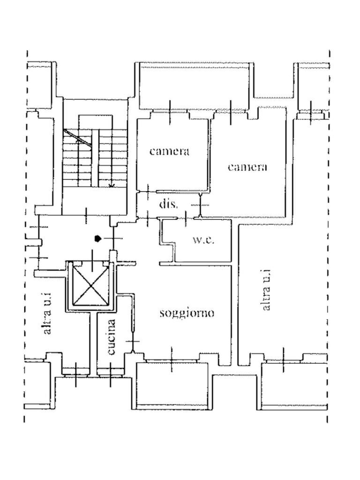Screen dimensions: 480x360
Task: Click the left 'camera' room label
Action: pyautogui.click(x=169, y=151)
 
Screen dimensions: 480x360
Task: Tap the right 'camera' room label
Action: pyautogui.click(x=247, y=167)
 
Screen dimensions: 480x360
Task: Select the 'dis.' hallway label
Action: pyautogui.click(x=168, y=204)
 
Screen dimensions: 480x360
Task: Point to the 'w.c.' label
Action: pyautogui.click(x=203, y=240)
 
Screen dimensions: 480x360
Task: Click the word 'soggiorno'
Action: pyautogui.click(x=187, y=313)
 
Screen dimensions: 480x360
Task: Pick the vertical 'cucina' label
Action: pyautogui.click(x=112, y=337)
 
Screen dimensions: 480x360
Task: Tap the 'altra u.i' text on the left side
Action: pyautogui.click(x=47, y=319)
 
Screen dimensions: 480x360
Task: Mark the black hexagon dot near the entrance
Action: pyautogui.click(x=97, y=239)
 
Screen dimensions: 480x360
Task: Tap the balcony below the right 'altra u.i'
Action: pyautogui.click(x=293, y=385)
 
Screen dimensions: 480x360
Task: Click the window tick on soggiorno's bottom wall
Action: pyautogui.click(x=172, y=360)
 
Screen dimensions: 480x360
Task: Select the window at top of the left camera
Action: pyautogui.click(x=169, y=112)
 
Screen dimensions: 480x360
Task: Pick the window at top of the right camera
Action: pyautogui.click(x=231, y=112)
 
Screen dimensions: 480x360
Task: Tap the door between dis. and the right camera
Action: pyautogui.click(x=201, y=205)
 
